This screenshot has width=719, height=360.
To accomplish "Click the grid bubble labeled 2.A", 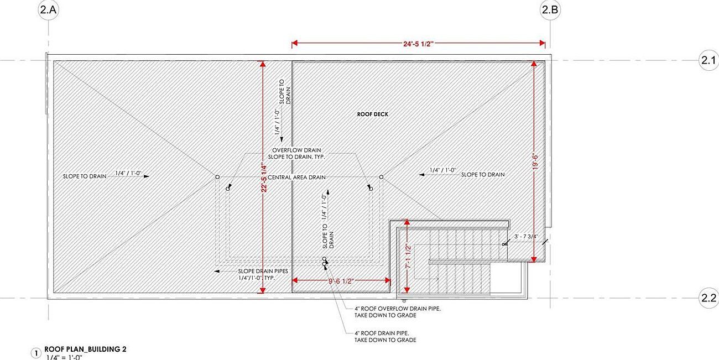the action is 49,10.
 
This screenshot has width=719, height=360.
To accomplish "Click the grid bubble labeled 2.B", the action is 550,10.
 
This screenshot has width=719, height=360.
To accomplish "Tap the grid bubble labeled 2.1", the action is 708,60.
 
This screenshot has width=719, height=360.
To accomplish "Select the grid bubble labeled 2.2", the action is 708,298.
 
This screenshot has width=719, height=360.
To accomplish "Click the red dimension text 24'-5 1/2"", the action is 418,44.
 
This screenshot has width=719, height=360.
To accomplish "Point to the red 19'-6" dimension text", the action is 535,161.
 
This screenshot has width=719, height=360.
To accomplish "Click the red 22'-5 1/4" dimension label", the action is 264,179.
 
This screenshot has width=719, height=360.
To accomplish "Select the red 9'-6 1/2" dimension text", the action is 341,281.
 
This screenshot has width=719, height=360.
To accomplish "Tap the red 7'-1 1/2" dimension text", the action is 408,257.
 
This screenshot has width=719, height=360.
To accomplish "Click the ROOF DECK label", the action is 373,114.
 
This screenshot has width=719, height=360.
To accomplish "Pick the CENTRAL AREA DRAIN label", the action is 296,178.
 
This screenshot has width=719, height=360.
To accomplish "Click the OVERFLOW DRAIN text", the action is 296,150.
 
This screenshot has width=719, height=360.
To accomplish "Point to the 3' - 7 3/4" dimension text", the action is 527,237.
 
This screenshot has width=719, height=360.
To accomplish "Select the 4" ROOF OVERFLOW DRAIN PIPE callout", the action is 398,312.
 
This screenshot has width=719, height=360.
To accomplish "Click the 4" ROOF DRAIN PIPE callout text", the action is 385,337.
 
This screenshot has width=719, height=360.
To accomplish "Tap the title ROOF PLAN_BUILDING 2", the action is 85,349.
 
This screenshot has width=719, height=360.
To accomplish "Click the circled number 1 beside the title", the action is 36,353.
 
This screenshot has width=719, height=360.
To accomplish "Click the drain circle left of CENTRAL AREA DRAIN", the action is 217,177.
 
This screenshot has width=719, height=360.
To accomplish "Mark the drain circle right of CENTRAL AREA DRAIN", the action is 381,177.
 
